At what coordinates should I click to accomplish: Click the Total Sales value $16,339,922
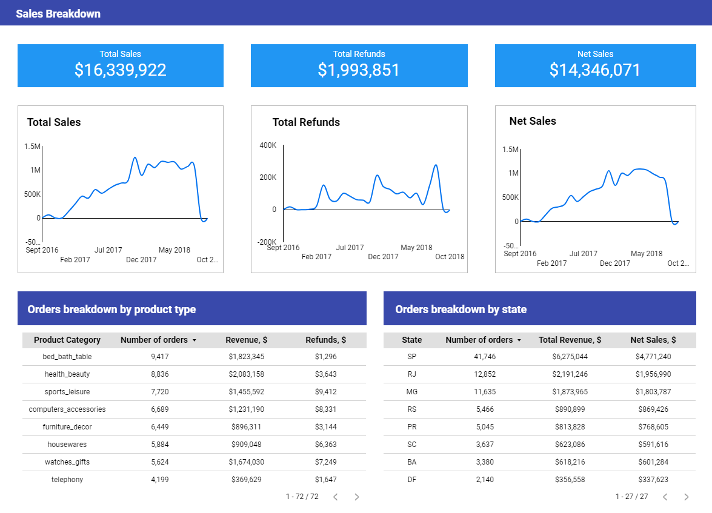120,70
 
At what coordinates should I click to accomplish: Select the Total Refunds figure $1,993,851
359,70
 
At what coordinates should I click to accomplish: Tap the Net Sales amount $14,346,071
595,70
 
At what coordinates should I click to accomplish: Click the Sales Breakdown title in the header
58,13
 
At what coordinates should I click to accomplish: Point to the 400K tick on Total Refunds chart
267,145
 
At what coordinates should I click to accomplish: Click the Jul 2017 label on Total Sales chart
108,250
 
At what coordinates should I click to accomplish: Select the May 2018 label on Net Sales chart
647,254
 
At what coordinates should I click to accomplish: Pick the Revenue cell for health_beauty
247,374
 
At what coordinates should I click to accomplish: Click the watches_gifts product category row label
67,462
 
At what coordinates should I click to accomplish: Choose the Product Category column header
67,340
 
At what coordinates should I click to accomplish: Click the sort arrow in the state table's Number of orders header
519,340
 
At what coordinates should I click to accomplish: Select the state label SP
411,357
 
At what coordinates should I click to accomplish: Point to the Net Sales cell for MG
653,392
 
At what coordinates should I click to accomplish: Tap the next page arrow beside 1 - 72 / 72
357,497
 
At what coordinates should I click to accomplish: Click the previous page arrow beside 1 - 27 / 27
665,497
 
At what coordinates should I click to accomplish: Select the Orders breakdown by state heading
461,309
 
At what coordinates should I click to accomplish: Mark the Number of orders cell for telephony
160,480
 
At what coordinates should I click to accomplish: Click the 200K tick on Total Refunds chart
267,177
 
